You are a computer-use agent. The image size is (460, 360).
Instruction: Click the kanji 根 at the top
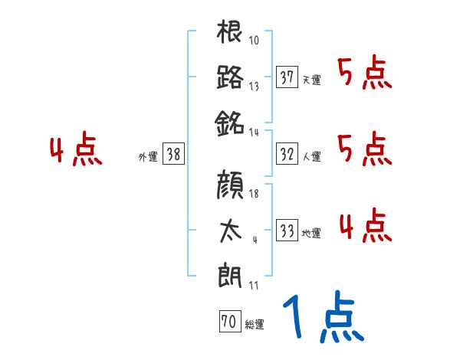pyautogui.click(x=230, y=34)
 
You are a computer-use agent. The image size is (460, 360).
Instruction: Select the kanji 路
pyautogui.click(x=230, y=77)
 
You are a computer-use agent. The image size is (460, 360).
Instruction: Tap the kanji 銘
pyautogui.click(x=230, y=120)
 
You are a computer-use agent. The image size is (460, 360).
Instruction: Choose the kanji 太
pyautogui.click(x=230, y=230)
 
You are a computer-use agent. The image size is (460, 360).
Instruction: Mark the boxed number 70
pyautogui.click(x=228, y=322)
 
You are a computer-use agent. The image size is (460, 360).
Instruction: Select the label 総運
pyautogui.click(x=254, y=325)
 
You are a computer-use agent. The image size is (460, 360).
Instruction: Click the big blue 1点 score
pyautogui.click(x=323, y=318)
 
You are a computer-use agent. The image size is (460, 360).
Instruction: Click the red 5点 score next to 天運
pyautogui.click(x=365, y=74)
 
